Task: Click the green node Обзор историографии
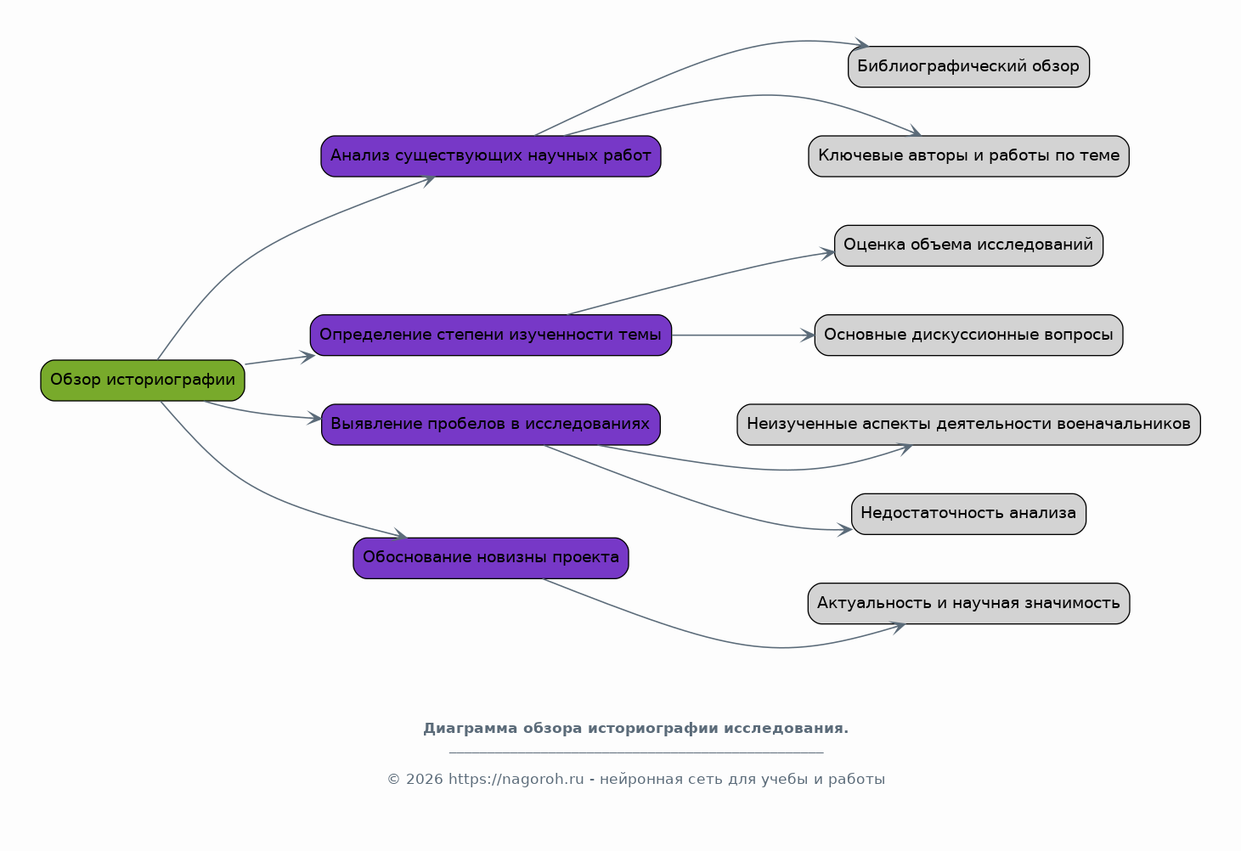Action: tap(143, 380)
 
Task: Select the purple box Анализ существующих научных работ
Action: tap(491, 156)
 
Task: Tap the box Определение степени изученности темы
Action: tap(491, 335)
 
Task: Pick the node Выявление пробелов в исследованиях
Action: tap(491, 425)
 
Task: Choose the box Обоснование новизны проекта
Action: tap(491, 558)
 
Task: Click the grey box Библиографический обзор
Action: tap(968, 66)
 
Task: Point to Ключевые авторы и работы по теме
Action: tap(968, 156)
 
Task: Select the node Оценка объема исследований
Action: tap(968, 245)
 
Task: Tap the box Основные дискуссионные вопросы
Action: tap(968, 335)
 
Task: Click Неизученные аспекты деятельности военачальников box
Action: tap(968, 425)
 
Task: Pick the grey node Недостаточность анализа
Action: tap(968, 514)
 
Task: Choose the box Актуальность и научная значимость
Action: tap(968, 603)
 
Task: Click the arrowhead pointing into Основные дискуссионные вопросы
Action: tap(808, 335)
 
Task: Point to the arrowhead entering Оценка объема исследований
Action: tap(827, 253)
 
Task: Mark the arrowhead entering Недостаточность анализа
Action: tap(845, 530)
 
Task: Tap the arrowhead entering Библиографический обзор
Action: tap(862, 43)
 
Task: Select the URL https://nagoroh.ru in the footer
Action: tap(516, 779)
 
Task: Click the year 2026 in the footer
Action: tap(425, 779)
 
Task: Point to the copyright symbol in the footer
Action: tap(394, 780)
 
